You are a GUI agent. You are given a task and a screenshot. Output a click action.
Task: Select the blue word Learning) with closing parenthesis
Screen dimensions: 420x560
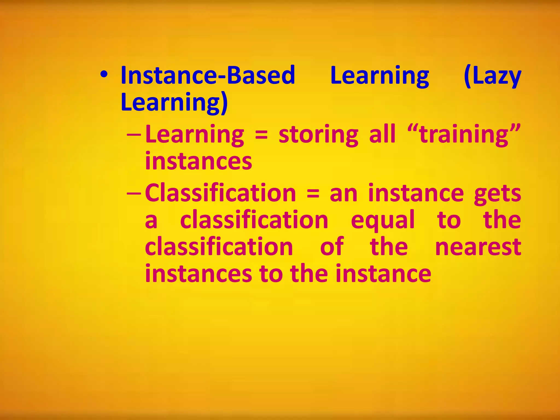pyautogui.click(x=174, y=102)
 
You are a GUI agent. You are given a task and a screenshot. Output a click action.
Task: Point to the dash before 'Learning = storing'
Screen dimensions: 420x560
pyautogui.click(x=134, y=135)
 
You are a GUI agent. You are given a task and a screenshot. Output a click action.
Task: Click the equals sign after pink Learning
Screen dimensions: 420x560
pyautogui.click(x=261, y=135)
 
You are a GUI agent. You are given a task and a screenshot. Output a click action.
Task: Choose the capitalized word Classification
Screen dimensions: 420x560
pyautogui.click(x=220, y=193)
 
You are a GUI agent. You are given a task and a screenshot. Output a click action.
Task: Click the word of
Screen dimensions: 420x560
pyautogui.click(x=332, y=247)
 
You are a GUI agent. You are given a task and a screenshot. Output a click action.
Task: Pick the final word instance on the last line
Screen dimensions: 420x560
pyautogui.click(x=383, y=274)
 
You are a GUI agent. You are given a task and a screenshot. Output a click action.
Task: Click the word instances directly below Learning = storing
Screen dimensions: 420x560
pyautogui.click(x=199, y=161)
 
